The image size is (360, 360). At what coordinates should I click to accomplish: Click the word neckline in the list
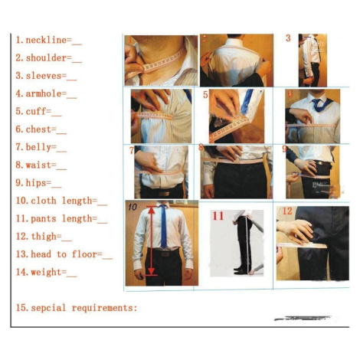coord(46,40)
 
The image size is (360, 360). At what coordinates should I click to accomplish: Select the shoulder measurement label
coord(46,58)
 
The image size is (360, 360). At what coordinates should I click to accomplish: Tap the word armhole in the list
coord(44,93)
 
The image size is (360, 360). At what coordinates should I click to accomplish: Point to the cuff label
coord(36,112)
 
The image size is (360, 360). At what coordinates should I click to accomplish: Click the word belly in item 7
coord(38,148)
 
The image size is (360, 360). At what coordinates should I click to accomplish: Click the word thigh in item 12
coord(44,237)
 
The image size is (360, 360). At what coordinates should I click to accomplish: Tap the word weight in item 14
coord(46,272)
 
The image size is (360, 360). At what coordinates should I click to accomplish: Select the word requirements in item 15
coord(103,308)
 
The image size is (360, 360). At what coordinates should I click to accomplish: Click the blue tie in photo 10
coord(163,227)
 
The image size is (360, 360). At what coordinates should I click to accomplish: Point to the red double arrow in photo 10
coord(152,241)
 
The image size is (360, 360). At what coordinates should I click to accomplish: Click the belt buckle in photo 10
coord(165,254)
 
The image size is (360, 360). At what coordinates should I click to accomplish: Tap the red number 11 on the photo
coord(218,216)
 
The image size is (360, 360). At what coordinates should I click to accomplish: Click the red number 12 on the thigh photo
coord(287,211)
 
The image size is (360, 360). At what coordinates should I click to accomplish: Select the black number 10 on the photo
coord(133,207)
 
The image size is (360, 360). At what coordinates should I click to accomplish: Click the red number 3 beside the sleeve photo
coord(288,38)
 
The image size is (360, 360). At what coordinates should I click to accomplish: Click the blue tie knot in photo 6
coord(316,102)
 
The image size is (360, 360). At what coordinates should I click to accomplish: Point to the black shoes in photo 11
coord(241,270)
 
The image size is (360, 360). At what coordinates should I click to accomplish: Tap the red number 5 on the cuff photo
coord(205,95)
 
